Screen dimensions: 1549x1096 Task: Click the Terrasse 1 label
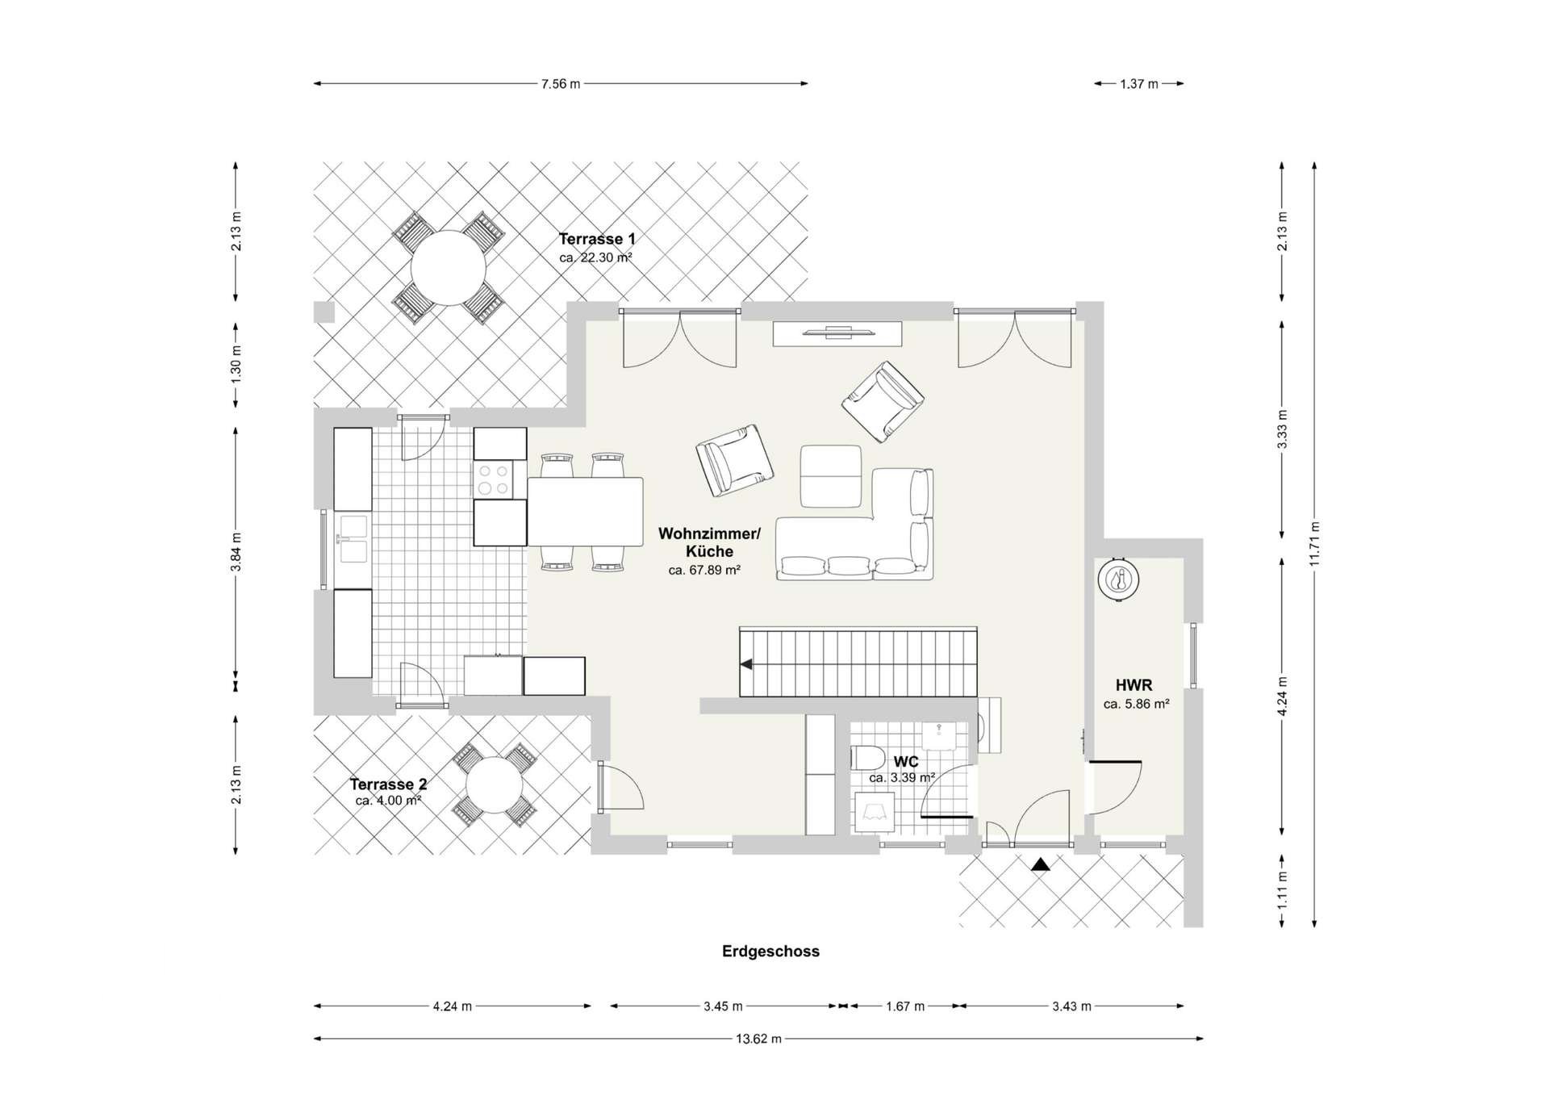click(597, 239)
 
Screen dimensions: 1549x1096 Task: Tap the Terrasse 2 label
click(388, 784)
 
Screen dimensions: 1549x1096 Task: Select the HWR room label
click(1134, 685)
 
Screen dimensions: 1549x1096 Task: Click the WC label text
click(906, 762)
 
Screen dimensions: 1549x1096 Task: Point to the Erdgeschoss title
click(770, 952)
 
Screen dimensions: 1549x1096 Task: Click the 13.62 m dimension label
click(758, 1039)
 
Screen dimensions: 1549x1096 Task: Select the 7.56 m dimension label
click(561, 84)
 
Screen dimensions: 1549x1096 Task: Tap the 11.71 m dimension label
click(1314, 544)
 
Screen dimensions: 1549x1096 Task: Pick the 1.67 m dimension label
click(905, 1006)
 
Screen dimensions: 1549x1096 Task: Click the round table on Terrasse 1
click(448, 268)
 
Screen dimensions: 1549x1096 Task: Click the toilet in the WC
click(866, 759)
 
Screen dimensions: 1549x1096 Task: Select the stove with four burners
click(493, 479)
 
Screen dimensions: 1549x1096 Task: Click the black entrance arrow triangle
click(1041, 864)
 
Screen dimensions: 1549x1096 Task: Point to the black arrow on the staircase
click(747, 664)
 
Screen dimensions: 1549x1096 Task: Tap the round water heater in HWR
click(1118, 579)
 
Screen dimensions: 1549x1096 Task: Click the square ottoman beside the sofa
click(831, 476)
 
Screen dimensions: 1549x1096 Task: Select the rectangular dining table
click(586, 512)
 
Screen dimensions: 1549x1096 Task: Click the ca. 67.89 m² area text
click(704, 570)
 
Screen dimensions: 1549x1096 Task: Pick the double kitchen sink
click(353, 539)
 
